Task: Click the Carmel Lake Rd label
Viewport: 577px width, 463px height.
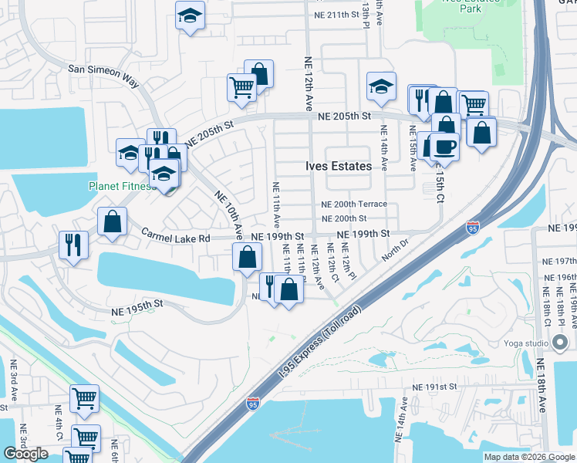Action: (x=175, y=238)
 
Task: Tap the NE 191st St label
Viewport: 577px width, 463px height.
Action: (x=435, y=386)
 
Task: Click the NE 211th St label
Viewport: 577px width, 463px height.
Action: (x=337, y=15)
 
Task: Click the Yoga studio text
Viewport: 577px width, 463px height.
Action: (x=527, y=343)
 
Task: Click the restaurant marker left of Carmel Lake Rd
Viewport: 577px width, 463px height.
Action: (x=74, y=245)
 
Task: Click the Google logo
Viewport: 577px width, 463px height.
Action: (x=25, y=454)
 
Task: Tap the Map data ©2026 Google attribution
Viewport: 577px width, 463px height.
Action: (x=529, y=457)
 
